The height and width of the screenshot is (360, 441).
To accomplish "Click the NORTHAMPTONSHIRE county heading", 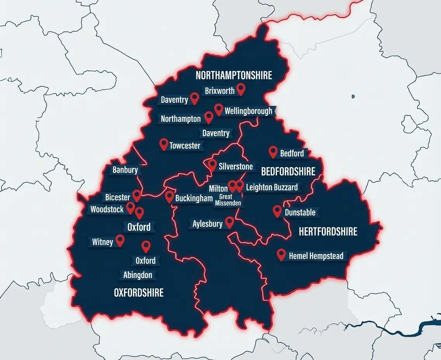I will pos(234,75).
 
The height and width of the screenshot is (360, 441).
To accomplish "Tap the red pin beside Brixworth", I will pos(241,89).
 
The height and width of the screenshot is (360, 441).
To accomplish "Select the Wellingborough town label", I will pos(248,111).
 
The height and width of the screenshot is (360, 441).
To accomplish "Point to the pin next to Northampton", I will pos(209,117).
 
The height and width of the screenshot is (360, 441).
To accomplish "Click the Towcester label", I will pos(185,146).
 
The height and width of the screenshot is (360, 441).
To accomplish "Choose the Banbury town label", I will pos(125,170).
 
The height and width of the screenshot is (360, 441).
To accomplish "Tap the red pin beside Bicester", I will pos(137,195).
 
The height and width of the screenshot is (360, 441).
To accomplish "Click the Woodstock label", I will pos(107,209).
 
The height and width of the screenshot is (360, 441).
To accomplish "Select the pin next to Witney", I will pos(120,240).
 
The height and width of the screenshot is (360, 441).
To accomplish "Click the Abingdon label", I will pos(138,275).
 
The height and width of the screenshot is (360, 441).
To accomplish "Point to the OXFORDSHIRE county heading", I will pos(139,293).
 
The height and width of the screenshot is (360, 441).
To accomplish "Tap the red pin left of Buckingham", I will pos(169,197).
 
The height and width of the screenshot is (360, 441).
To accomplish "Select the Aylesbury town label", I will pos(207,224).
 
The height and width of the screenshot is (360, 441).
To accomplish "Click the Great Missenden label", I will pos(228,200).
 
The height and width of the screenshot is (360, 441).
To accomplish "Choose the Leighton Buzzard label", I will pos(272,187).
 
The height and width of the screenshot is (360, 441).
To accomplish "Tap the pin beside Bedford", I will pos(273,151).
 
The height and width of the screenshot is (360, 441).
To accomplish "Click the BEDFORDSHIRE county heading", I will pos(288,171).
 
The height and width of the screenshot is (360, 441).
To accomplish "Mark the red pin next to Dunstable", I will pos(277,211).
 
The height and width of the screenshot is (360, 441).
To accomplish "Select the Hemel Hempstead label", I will pos(316,256).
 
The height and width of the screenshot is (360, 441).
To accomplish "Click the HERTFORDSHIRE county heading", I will pos(328,232).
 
